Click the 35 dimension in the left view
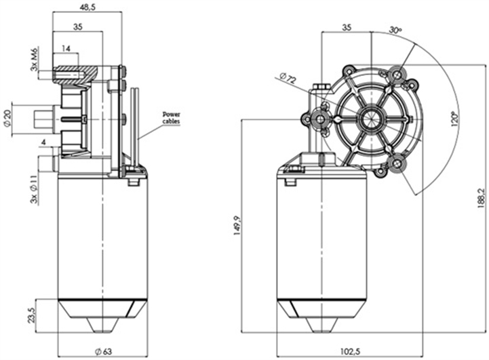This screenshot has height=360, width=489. click(78, 27)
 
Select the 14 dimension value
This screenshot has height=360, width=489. click(66, 49)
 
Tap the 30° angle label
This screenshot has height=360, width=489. click(395, 31)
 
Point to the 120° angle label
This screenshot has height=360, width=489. click(452, 120)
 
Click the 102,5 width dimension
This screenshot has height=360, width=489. click(351, 351)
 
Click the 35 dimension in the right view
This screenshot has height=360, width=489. click(347, 27)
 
